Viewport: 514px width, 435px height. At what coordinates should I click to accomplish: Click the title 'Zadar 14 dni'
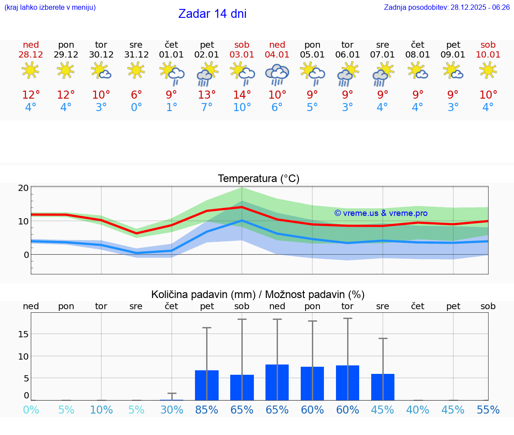coord(212,14)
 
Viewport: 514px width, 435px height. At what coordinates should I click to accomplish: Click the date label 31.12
coord(136,55)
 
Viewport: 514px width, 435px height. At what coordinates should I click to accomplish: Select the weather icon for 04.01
coord(277,74)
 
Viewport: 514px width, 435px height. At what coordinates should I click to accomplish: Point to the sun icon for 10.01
coord(488,70)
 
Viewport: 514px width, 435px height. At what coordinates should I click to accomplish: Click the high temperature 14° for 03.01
coord(242,95)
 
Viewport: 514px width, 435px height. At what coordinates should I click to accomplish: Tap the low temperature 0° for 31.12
coord(136,108)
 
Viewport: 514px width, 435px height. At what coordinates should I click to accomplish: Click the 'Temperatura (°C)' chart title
coord(258,178)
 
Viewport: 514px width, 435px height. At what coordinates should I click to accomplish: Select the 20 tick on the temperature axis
coord(23,188)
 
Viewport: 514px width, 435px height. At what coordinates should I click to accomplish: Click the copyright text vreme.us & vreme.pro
coord(381,213)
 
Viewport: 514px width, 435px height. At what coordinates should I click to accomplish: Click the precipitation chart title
coord(258,294)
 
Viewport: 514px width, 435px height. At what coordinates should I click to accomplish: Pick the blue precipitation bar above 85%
coord(207,385)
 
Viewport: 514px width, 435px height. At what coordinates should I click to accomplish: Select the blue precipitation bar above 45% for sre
coord(383,387)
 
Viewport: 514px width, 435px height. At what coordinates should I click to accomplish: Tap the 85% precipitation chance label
coord(207,410)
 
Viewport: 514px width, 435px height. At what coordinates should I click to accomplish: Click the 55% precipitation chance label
coord(488,410)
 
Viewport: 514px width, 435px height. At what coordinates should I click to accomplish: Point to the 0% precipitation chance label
coord(31,410)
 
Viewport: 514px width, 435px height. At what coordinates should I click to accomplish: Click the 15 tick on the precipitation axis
coord(23,334)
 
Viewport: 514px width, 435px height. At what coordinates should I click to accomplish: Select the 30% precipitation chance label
coord(172,410)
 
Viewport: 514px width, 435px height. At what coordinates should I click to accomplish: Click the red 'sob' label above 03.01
coord(242,45)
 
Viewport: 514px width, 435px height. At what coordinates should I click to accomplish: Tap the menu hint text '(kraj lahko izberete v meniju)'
coord(50,7)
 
